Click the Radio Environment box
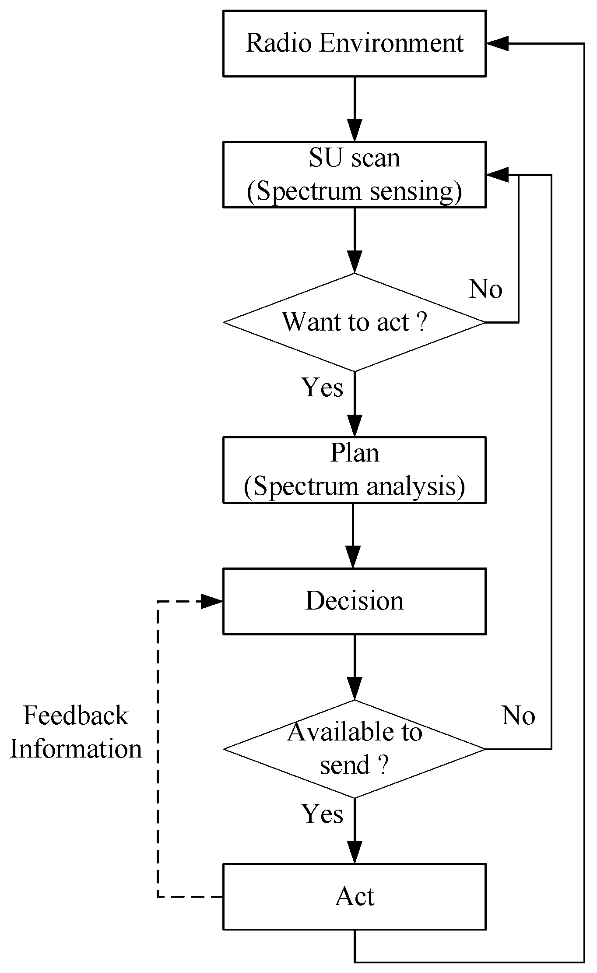354,44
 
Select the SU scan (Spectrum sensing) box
354,175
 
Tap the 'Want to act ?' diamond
354,323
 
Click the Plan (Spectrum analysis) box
354,470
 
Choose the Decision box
354,601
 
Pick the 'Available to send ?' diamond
354,749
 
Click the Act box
354,897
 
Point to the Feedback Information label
76,732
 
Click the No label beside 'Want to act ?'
485,289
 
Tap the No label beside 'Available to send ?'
518,716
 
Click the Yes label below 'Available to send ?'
323,814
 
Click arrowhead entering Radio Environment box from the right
497,43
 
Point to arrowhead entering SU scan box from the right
497,175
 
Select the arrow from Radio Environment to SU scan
354,109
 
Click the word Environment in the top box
391,43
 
